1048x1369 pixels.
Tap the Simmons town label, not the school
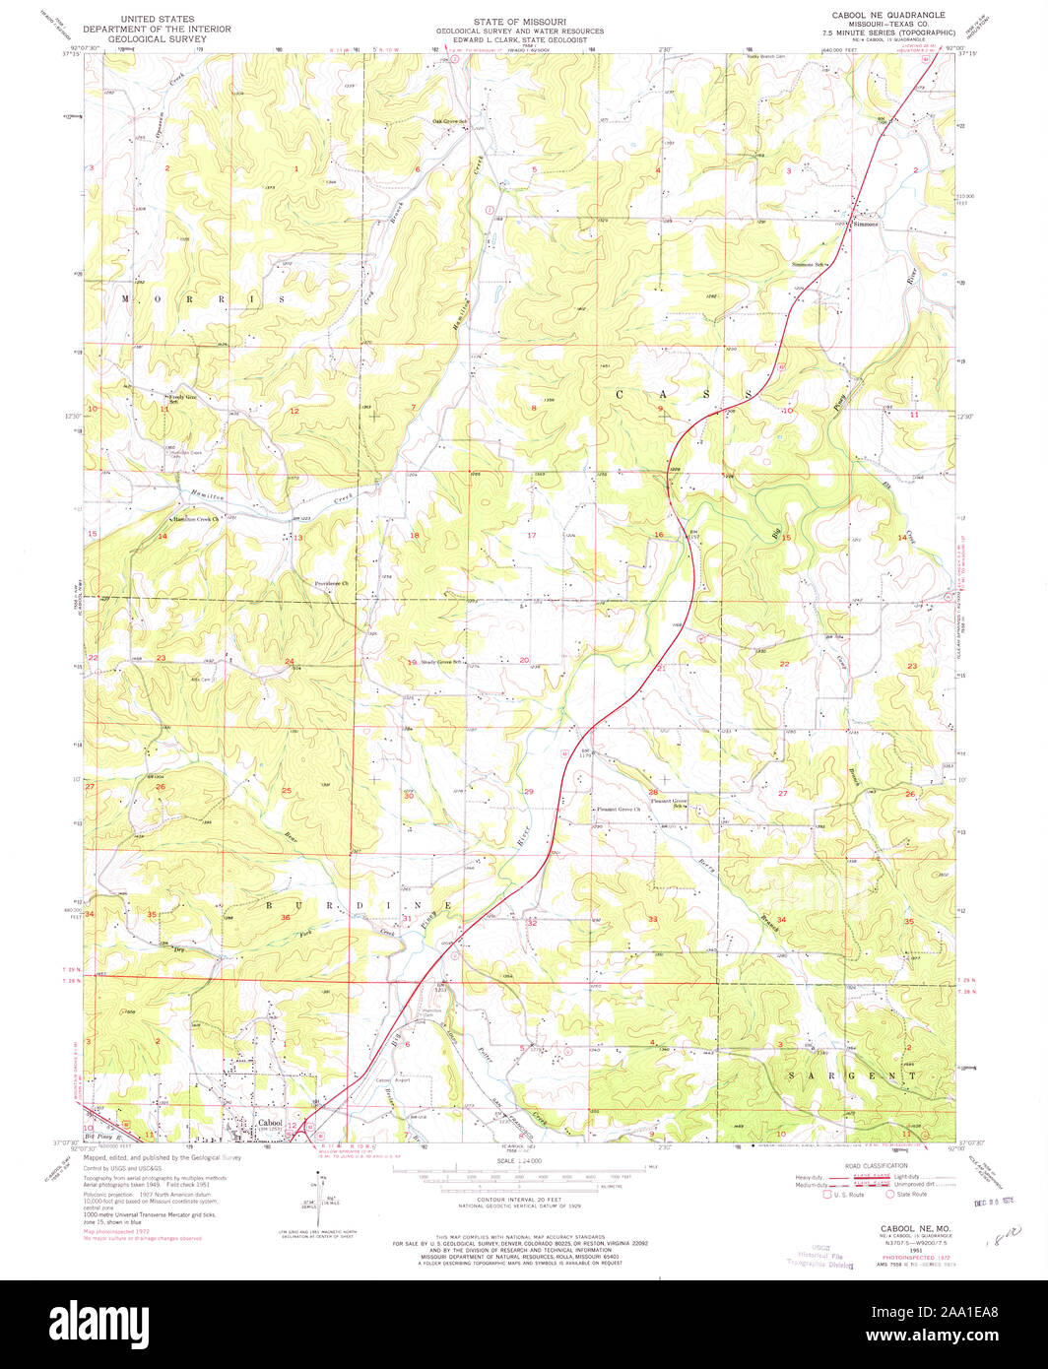click(x=865, y=225)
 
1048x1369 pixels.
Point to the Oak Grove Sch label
click(x=448, y=122)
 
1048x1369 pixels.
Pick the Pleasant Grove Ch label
click(x=618, y=810)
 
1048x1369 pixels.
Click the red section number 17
click(x=531, y=535)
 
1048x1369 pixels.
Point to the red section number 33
click(x=652, y=919)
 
